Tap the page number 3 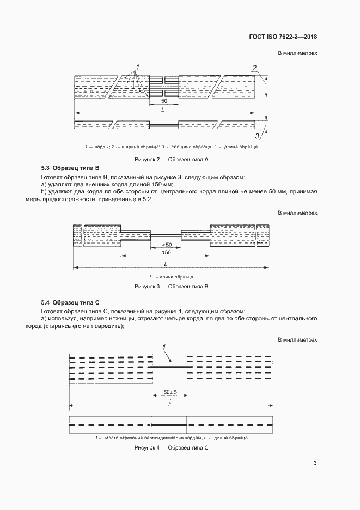point(315,463)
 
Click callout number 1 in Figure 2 point(138,67)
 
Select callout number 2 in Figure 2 point(254,68)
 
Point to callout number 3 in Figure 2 point(257,136)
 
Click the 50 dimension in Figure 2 point(164,102)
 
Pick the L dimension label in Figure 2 point(163,110)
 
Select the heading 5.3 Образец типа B point(71,168)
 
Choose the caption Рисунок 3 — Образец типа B point(172,286)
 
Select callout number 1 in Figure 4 point(164,347)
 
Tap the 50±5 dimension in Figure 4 point(170,392)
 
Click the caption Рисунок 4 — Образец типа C point(172,447)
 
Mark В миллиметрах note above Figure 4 point(297,340)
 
